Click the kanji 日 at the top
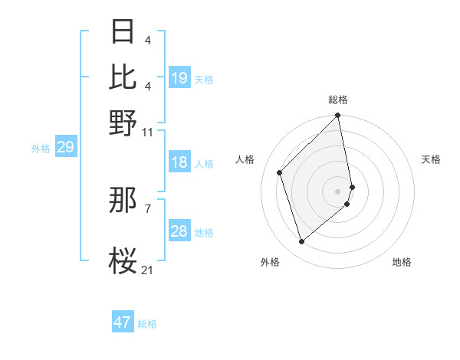tap(123, 32)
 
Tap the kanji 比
tap(123, 77)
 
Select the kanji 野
tap(123, 122)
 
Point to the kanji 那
tap(123, 201)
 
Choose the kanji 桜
tap(123, 260)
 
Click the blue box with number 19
tap(179, 78)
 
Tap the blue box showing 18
tap(179, 163)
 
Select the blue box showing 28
tap(179, 232)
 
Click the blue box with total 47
tap(123, 322)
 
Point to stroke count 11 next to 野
tap(148, 132)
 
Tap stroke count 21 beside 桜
tap(148, 270)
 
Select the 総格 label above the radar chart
tap(338, 100)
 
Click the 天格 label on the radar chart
tap(431, 159)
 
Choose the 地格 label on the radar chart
tap(402, 263)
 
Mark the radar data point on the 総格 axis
tap(338, 116)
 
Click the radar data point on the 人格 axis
tap(280, 172)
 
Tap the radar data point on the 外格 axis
tap(302, 242)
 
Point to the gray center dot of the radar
tap(338, 191)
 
